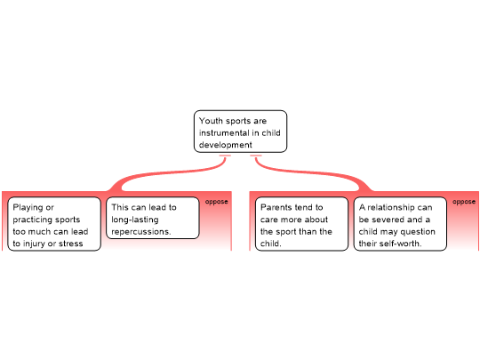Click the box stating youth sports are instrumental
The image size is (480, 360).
(240, 132)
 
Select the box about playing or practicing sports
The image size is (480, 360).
(54, 224)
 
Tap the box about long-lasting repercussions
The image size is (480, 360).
(153, 218)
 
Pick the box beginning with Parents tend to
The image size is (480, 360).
(301, 224)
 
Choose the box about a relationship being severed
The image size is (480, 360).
(400, 224)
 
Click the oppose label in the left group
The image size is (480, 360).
(216, 202)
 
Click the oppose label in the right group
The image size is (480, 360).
(464, 202)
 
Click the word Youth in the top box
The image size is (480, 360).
(211, 121)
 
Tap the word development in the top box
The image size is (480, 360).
(225, 145)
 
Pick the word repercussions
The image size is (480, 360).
(141, 232)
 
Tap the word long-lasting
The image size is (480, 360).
(135, 220)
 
